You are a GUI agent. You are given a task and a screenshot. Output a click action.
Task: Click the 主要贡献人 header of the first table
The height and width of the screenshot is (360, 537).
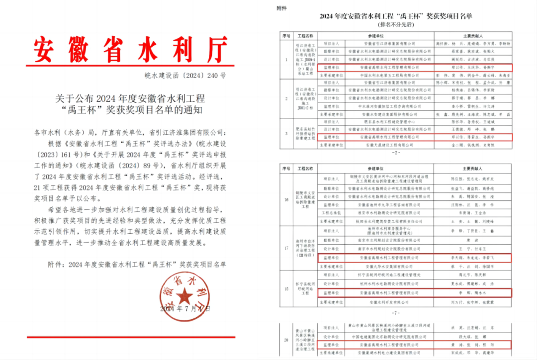pyautogui.click(x=473, y=36)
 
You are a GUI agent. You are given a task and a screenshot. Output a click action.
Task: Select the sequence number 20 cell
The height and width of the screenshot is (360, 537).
pyautogui.click(x=286, y=340)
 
